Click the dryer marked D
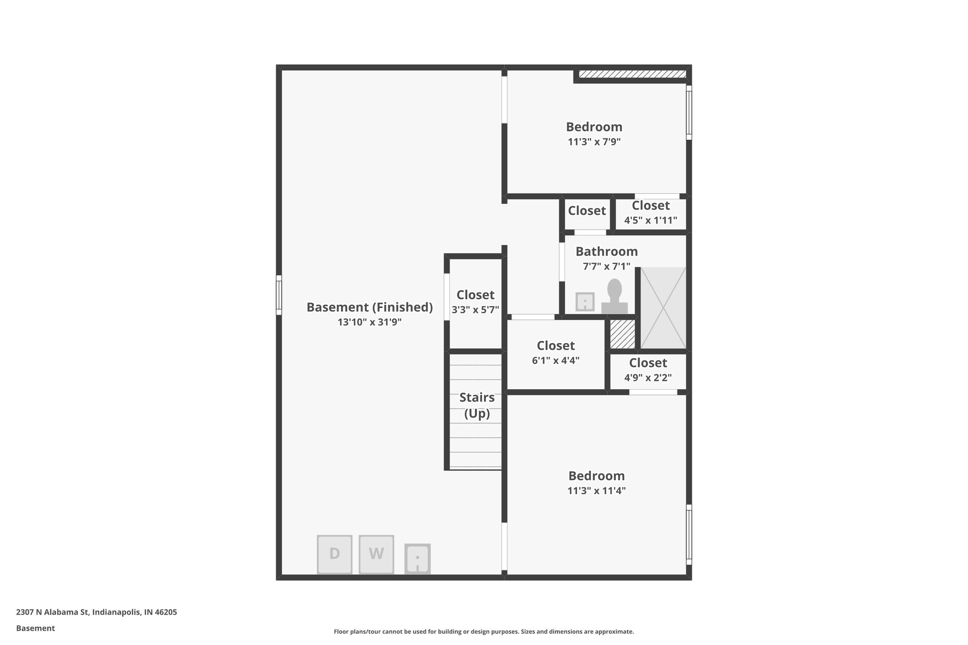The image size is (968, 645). click(334, 554)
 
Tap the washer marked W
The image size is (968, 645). click(376, 554)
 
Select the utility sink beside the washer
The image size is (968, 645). click(417, 559)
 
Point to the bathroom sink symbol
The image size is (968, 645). click(585, 302)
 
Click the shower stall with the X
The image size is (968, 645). click(663, 308)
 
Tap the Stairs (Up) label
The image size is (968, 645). click(477, 405)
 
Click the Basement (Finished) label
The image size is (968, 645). click(370, 307)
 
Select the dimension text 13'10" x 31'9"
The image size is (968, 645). click(370, 322)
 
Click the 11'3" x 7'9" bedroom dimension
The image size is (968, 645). click(594, 142)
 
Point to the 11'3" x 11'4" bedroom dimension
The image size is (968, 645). click(596, 490)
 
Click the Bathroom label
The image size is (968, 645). click(606, 251)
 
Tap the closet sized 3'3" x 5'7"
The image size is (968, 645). click(475, 302)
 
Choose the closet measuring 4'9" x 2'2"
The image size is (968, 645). click(648, 370)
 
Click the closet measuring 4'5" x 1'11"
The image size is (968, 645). click(650, 212)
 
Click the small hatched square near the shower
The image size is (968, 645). click(622, 335)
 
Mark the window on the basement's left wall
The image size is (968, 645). click(279, 295)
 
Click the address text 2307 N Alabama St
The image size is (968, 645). click(96, 612)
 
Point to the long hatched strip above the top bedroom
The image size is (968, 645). click(632, 74)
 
